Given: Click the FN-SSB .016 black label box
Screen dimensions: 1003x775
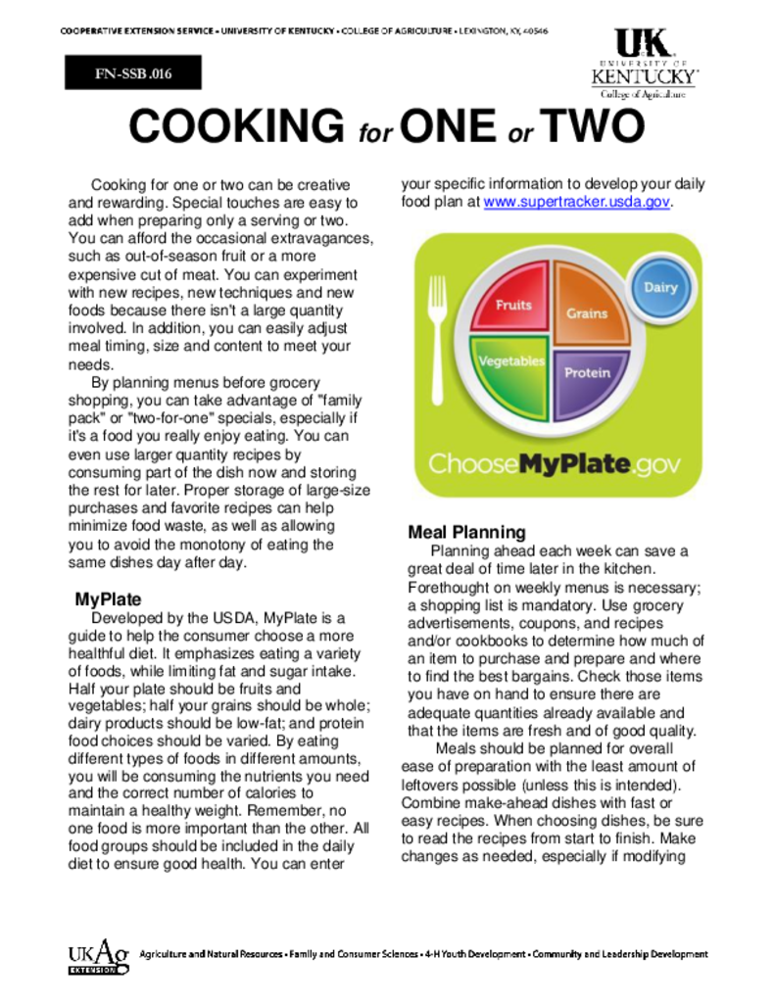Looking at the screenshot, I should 133,72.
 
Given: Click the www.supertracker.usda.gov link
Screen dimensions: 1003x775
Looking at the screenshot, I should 577,202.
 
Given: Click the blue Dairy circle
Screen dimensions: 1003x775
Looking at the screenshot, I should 659,288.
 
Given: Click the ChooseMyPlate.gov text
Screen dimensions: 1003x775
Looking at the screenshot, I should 554,463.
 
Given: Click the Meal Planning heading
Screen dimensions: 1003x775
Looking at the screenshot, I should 466,533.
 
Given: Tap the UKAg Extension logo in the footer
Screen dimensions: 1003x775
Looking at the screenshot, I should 98,956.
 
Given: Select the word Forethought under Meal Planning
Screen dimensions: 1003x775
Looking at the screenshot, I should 447,588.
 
